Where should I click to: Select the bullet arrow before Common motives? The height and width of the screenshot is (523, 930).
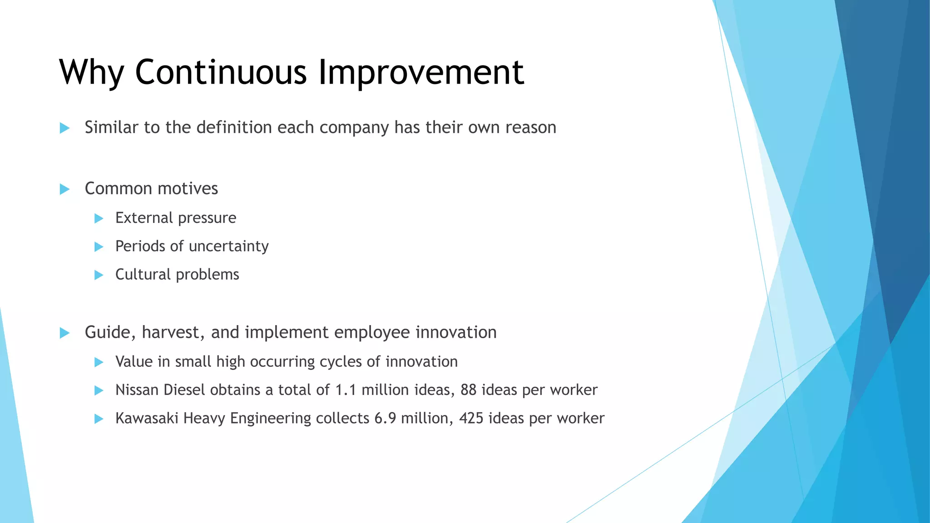64,189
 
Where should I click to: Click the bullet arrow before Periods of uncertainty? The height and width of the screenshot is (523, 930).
99,247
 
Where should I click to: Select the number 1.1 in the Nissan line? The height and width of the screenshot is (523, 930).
346,390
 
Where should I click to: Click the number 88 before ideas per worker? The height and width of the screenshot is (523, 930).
468,390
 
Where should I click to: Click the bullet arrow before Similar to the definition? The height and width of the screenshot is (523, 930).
64,128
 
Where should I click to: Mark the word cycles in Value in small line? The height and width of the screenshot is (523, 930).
341,362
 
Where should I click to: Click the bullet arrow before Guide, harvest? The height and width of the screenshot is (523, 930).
64,333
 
